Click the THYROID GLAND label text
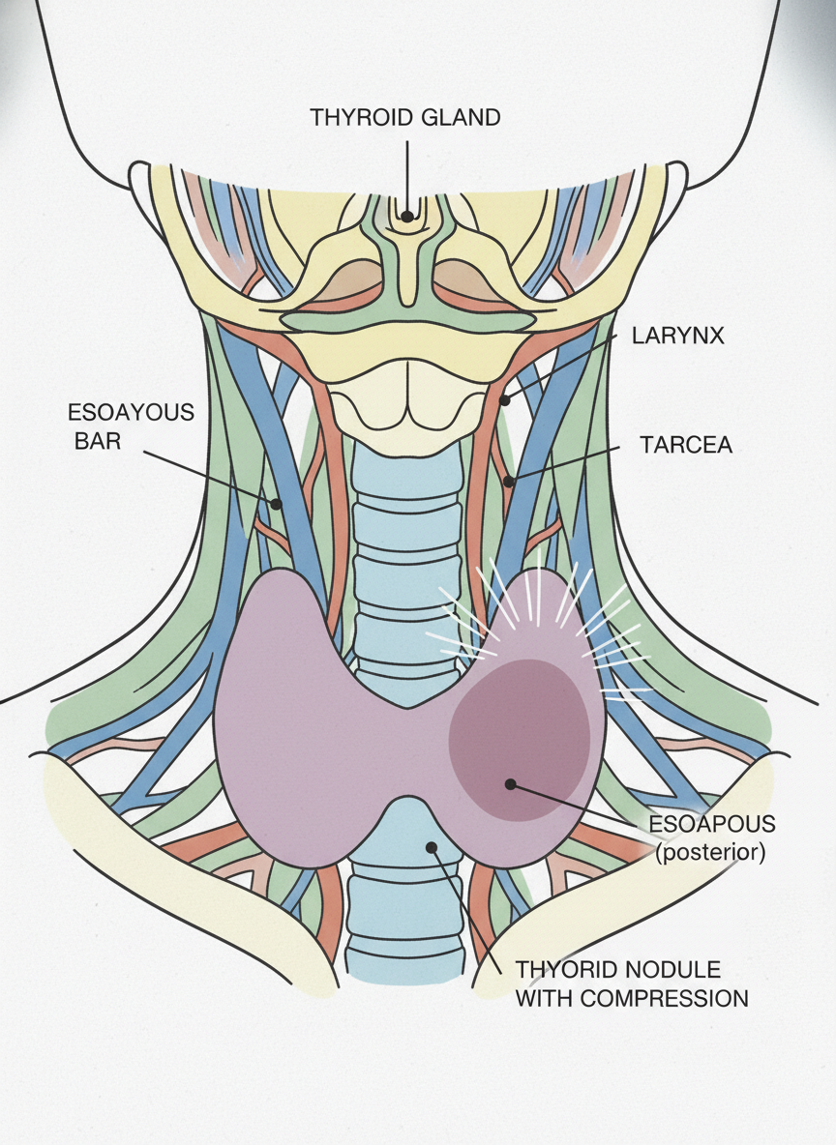(x=404, y=118)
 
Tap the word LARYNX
(x=678, y=337)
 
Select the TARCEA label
(x=686, y=445)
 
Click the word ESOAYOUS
(x=131, y=412)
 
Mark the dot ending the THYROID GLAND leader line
(x=408, y=216)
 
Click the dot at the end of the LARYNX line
(x=504, y=398)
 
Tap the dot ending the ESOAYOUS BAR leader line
(x=276, y=504)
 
